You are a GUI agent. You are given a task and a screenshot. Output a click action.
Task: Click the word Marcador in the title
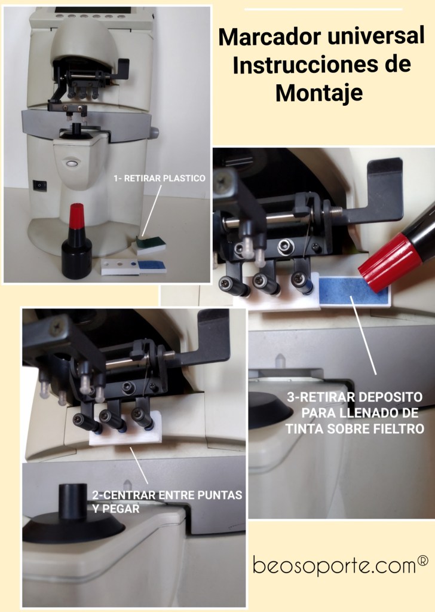(x=270, y=36)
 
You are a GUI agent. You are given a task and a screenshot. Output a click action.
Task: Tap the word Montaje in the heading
(x=319, y=93)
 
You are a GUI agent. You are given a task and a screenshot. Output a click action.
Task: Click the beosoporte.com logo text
(x=335, y=565)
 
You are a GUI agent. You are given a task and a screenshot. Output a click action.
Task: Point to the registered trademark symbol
(x=423, y=561)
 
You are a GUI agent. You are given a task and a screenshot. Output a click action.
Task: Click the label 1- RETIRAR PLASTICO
(x=160, y=178)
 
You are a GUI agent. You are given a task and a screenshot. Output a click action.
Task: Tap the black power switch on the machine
(x=40, y=185)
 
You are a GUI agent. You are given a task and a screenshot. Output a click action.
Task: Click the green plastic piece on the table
(x=151, y=242)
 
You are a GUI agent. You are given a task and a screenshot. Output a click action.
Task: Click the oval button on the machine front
(x=71, y=163)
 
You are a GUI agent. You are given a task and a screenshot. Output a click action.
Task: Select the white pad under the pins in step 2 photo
(x=125, y=429)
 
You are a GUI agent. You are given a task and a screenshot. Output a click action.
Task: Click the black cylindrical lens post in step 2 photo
(x=73, y=501)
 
